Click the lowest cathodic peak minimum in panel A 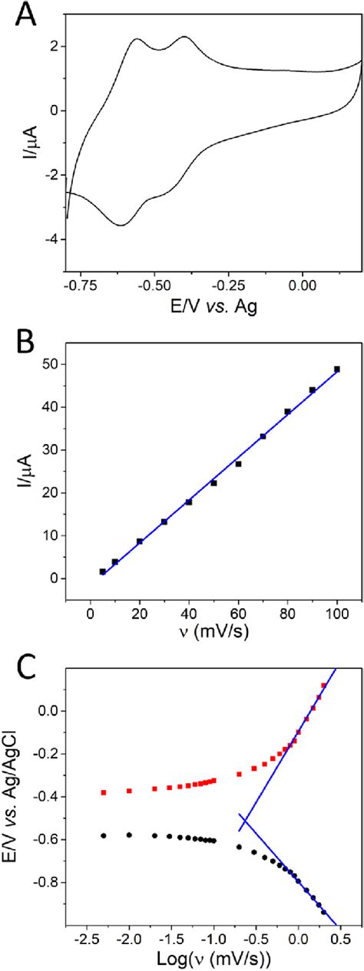(121, 225)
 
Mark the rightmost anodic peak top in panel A (185, 37)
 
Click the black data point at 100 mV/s (336, 369)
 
